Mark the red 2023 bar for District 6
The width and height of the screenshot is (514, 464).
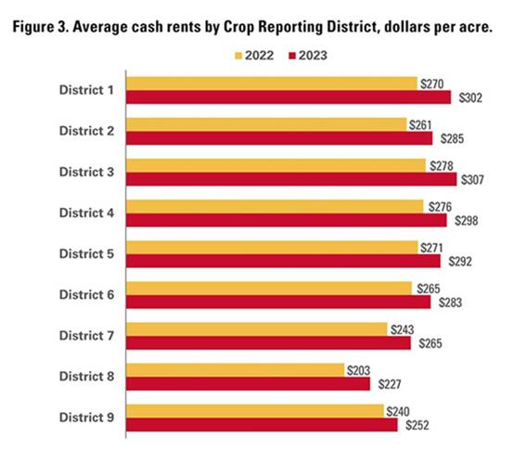pyautogui.click(x=278, y=302)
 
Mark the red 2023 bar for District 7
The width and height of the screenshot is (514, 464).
pyautogui.click(x=268, y=342)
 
